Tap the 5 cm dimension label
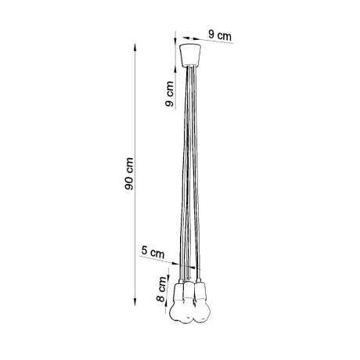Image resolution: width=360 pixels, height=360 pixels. [153, 252]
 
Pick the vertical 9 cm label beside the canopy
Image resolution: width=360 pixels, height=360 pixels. [167, 96]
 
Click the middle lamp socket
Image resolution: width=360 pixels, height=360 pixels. [190, 291]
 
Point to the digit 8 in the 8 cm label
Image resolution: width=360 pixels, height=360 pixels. [161, 301]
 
